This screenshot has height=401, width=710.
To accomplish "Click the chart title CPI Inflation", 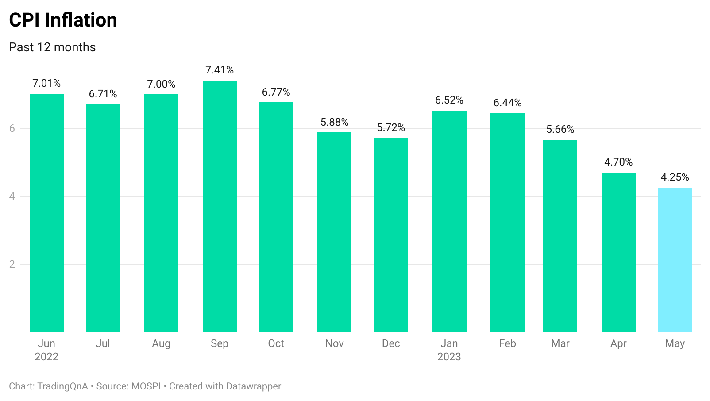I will pos(63,20).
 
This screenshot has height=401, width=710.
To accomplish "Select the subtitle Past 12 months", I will pos(52,47).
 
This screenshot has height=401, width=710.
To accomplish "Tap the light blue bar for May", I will pos(675,260).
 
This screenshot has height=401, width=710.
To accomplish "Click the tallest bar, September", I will pos(220,206).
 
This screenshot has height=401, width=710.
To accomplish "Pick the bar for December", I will pos(391,235).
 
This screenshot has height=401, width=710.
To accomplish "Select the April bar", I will pos(618,252).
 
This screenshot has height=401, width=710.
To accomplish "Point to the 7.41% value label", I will pos(220,70).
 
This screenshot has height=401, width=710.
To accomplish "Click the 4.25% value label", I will pos(675,177).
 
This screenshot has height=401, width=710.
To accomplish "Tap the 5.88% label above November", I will pos(334,122).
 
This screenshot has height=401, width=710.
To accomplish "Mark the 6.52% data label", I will pos(449,100).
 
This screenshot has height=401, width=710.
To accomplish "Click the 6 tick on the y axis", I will pos(12,128).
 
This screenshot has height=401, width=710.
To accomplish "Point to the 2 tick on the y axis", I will pos(12,264).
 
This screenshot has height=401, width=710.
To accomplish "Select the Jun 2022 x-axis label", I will pos(46,350).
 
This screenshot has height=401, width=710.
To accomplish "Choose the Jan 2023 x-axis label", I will pos(449,350).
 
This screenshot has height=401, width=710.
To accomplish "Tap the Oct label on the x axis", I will pos(276,343).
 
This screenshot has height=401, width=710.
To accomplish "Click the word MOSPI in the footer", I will pos(146,386).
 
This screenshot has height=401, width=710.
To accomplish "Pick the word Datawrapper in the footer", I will pos(253,386).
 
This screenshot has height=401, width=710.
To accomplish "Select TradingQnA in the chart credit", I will pos(62,386).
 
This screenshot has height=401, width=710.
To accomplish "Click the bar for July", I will pos(103,218).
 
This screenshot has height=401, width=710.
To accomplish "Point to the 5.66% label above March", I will pos(560,129).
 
